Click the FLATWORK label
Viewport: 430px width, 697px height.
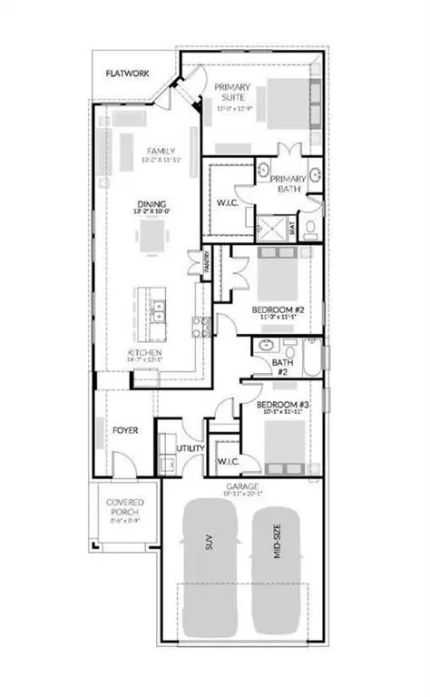(x=128, y=74)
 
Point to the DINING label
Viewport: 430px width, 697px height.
(x=151, y=204)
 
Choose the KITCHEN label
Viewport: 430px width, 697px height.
(x=145, y=352)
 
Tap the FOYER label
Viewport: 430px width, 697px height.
(x=125, y=430)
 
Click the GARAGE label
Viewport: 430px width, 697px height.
(x=243, y=487)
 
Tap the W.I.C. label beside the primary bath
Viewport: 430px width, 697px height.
(x=227, y=202)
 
